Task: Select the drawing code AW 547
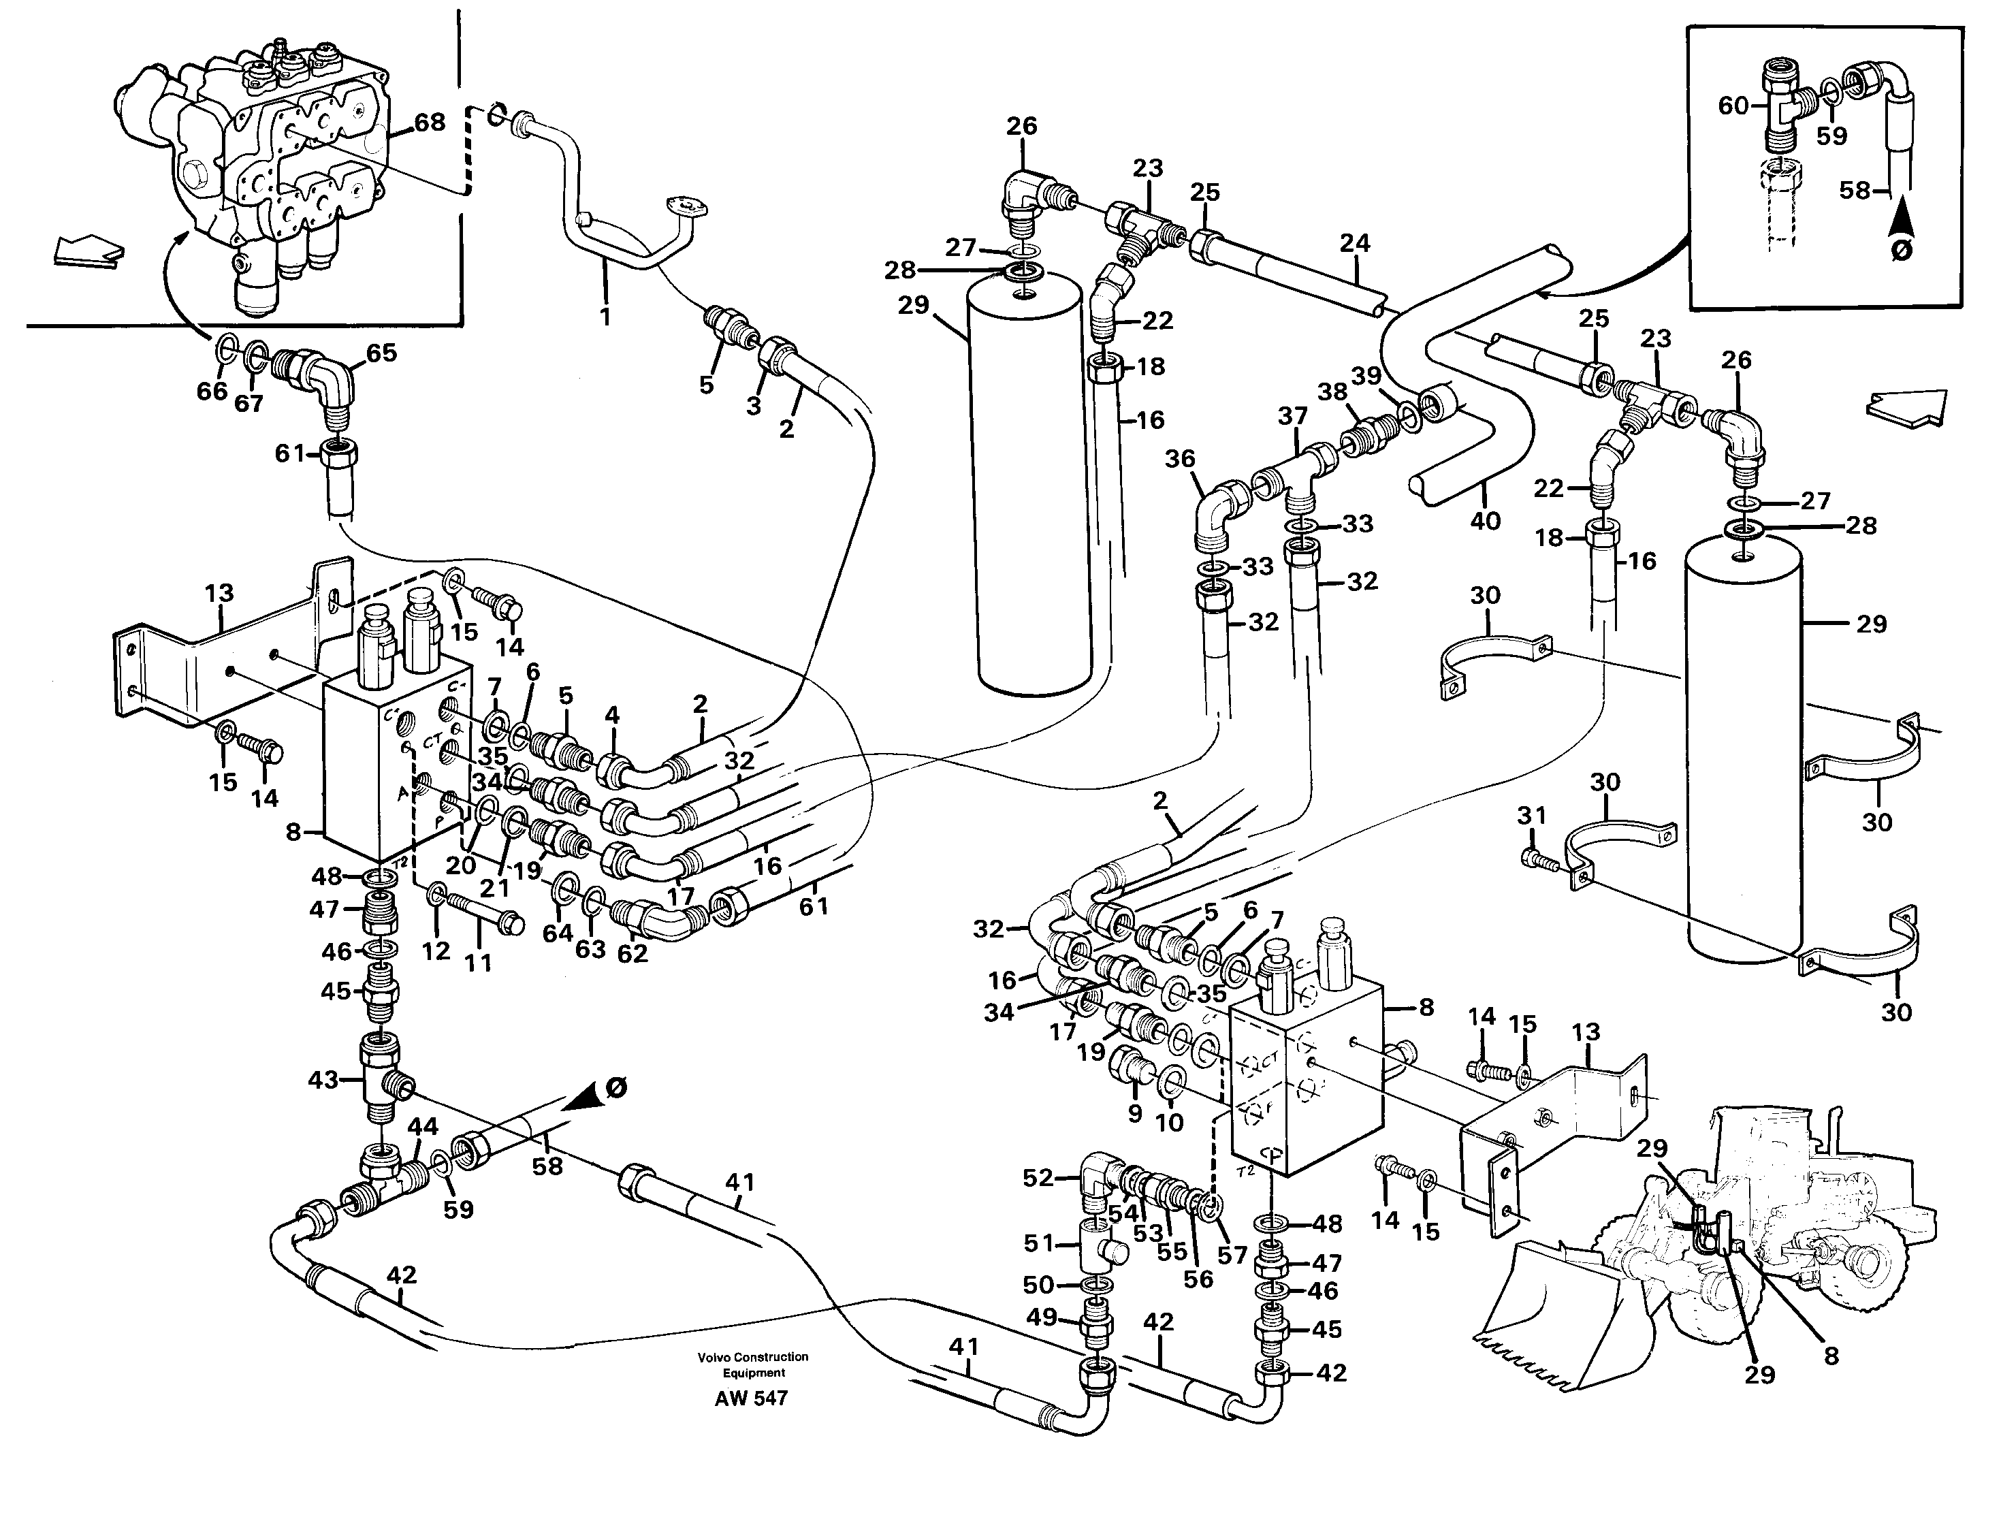click(751, 1398)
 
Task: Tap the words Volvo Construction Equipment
click(752, 1364)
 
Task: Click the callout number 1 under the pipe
click(605, 317)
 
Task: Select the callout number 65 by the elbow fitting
click(381, 352)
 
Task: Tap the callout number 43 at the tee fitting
click(323, 1079)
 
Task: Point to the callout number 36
click(1180, 459)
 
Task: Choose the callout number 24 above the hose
click(1355, 242)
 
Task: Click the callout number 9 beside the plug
click(1135, 1115)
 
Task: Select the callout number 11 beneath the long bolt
click(478, 963)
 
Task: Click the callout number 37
click(1293, 416)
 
